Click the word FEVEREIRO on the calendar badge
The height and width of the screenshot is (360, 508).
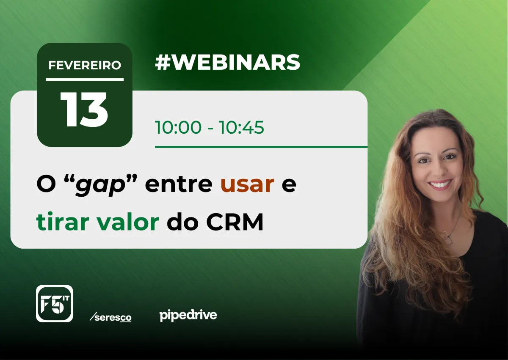pos(85,65)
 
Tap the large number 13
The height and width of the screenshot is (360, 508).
pos(84,110)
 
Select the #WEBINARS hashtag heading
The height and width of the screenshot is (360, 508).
pos(227,62)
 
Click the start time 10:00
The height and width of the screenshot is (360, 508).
pos(178,127)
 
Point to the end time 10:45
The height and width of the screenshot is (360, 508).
pos(241,127)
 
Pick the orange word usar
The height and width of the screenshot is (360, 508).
pos(247,184)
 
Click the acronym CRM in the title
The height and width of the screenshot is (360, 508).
pos(235,221)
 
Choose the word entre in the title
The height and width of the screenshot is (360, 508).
pos(179,184)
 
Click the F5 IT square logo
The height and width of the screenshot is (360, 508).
pos(55,304)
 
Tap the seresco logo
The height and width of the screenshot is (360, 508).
pos(110,317)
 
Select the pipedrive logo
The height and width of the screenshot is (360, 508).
pos(188,316)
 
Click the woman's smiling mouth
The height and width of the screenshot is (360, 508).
pos(440,184)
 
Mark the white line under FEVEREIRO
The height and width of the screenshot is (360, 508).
pos(85,80)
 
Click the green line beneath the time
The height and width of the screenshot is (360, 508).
pos(261,147)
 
